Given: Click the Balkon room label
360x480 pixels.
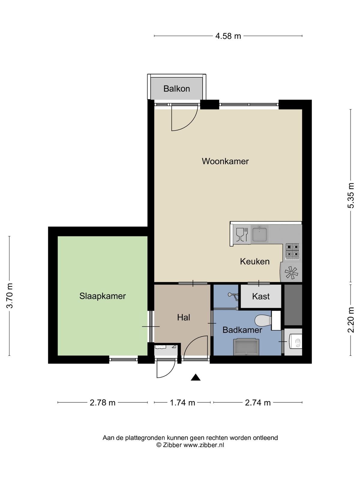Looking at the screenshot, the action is point(176,88).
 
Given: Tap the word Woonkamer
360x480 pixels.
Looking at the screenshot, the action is point(225,161).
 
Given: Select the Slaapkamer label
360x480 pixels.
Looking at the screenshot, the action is point(103,296).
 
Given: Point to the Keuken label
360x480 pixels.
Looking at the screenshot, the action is point(255,261).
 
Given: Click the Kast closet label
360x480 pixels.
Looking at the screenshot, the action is point(261,296).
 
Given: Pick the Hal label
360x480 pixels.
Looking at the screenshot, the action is point(184,317).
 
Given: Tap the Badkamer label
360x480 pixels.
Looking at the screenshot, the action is point(242,330).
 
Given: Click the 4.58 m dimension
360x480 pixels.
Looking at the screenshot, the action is point(228,36).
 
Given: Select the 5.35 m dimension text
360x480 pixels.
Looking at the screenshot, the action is point(351,196).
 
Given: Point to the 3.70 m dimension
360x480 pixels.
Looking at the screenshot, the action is point(10,296).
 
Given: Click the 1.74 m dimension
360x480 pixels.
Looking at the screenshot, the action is point(182,403).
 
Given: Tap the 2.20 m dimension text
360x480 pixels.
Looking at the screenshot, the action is point(351,320).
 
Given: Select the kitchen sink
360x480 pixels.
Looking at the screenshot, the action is point(259,234).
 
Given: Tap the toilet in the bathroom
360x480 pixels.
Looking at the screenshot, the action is point(263,320).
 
